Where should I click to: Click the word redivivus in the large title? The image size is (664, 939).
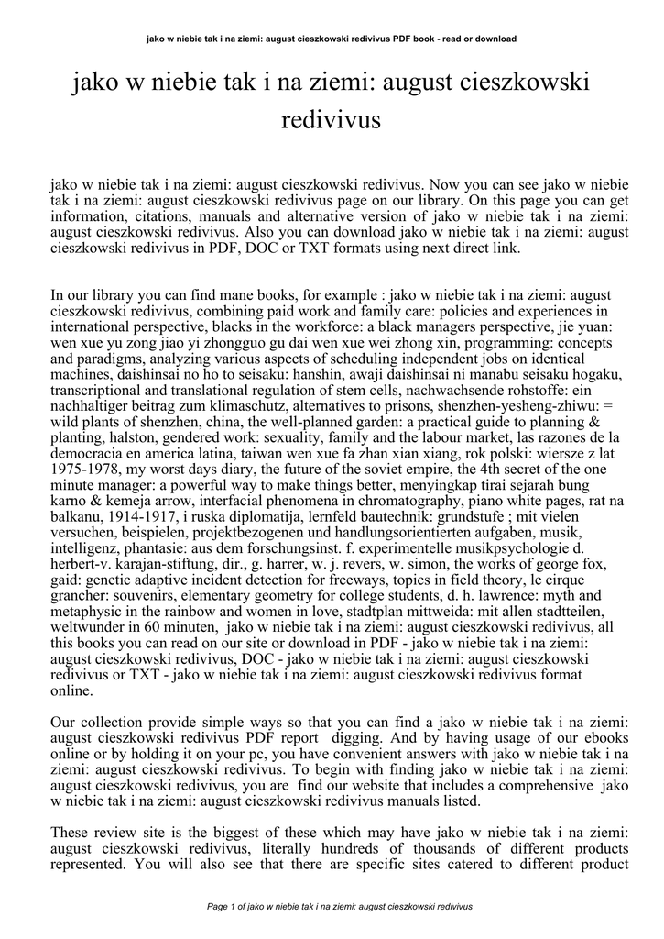click(x=332, y=119)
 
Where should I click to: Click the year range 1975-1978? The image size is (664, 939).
click(x=84, y=492)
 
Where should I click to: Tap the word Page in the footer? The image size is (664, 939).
click(x=219, y=906)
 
